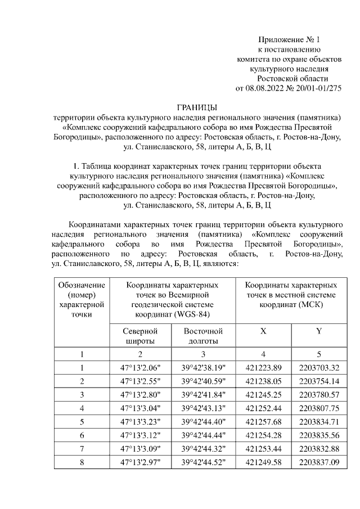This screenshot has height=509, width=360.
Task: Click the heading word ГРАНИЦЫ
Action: (197, 108)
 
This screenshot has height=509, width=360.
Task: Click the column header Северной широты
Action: (140, 336)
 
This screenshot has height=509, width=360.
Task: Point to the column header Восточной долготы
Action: (204, 336)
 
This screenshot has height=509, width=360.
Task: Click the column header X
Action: (263, 331)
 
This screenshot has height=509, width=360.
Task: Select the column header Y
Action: (319, 331)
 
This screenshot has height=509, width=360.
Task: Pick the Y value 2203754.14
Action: (319, 381)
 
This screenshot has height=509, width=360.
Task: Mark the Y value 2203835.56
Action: (319, 435)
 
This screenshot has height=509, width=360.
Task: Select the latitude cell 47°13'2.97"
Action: (140, 462)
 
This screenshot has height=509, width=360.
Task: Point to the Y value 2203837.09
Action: (319, 462)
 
